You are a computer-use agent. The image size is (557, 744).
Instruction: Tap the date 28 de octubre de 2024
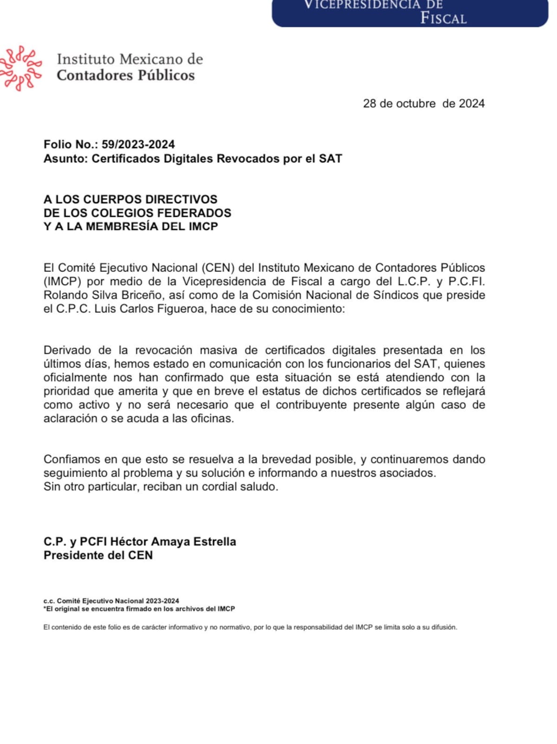click(x=423, y=104)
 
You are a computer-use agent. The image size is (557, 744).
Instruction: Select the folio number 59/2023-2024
click(x=138, y=144)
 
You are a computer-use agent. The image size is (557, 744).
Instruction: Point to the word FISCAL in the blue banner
click(x=443, y=19)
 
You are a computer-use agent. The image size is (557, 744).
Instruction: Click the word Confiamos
click(x=71, y=459)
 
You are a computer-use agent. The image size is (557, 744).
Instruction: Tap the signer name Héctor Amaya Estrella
click(x=173, y=542)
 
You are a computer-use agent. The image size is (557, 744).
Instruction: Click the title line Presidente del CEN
click(x=98, y=556)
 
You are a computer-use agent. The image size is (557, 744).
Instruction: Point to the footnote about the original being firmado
click(x=139, y=609)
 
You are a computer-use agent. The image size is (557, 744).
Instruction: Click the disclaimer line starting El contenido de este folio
click(x=250, y=628)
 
